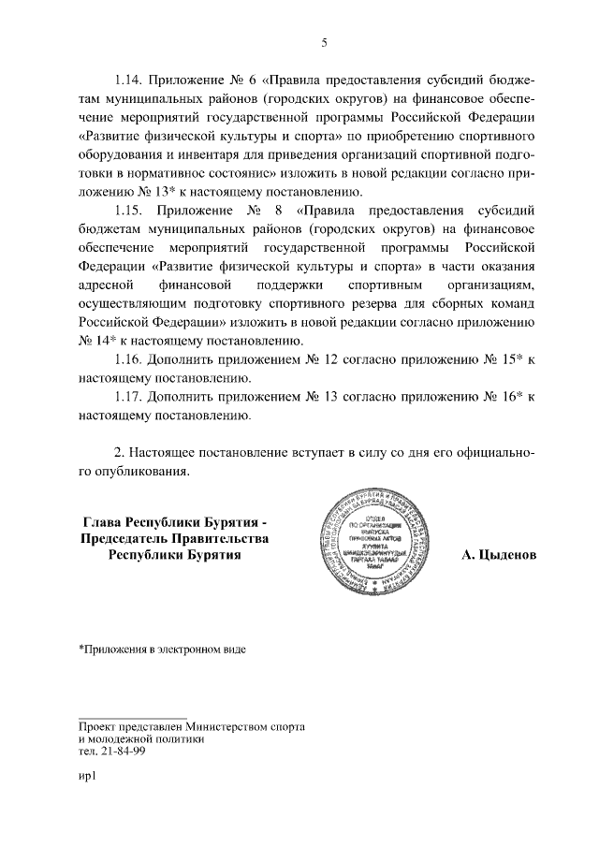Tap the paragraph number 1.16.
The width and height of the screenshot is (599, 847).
[x=130, y=359]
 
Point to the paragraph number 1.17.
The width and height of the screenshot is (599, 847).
[x=130, y=397]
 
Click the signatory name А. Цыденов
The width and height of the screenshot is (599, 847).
[x=500, y=554]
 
